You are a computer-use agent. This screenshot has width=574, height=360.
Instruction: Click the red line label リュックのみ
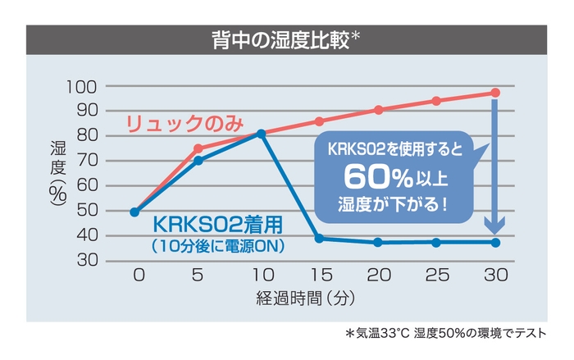click(x=184, y=125)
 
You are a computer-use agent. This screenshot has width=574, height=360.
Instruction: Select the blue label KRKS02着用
click(x=219, y=225)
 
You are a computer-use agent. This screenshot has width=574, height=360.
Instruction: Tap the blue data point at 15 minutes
click(x=319, y=239)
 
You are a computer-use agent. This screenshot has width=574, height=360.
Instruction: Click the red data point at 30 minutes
click(x=494, y=93)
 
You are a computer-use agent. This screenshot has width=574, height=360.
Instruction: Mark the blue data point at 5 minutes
click(x=198, y=161)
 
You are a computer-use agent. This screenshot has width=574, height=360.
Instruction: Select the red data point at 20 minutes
click(x=378, y=110)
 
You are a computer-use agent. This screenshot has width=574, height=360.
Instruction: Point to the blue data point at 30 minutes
click(x=494, y=243)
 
